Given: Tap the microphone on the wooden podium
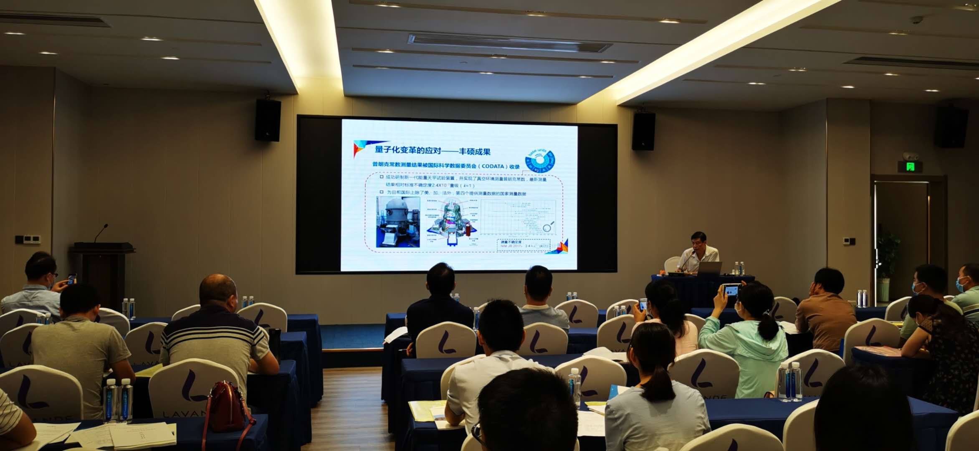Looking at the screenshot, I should [101, 232].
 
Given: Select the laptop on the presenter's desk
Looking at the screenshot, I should [709, 268].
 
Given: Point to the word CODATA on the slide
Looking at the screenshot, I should [493, 166].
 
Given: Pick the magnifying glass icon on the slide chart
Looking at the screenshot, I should [548, 227].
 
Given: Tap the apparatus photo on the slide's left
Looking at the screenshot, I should [397, 221].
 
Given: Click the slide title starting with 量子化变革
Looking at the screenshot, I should [432, 150].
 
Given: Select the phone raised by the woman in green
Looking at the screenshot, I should [731, 290].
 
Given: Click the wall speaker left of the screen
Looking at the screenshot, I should [268, 120].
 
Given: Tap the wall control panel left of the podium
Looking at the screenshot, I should [28, 240].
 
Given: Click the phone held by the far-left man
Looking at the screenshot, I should [71, 279].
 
